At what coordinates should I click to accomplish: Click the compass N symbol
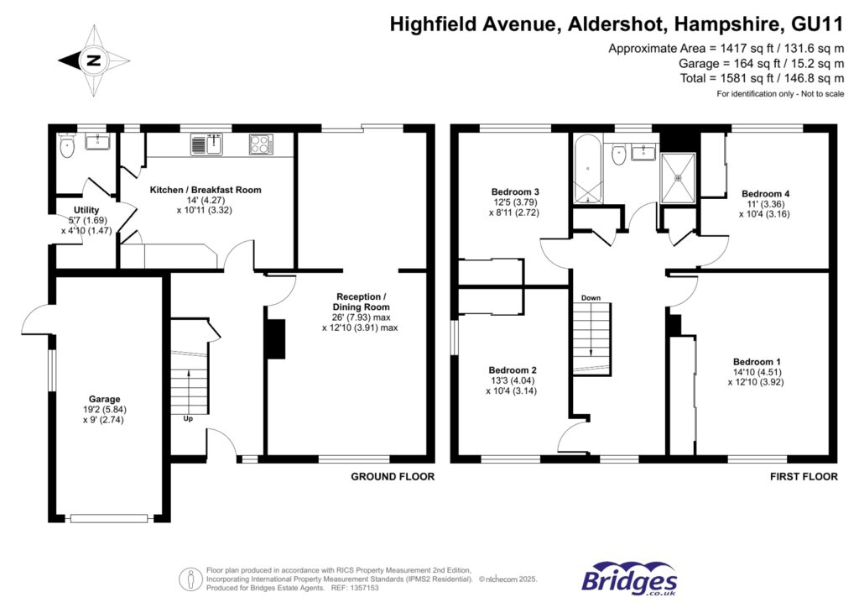94,60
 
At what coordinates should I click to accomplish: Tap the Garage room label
106,399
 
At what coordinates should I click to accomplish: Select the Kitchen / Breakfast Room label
206,190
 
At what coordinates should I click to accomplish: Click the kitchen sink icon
205,144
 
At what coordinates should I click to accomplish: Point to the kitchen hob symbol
261,144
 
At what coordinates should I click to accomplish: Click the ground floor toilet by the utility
67,147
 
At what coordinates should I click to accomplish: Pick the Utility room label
86,210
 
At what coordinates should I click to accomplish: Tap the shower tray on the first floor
679,178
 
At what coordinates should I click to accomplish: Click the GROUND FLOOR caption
393,476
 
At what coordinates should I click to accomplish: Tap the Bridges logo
629,579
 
